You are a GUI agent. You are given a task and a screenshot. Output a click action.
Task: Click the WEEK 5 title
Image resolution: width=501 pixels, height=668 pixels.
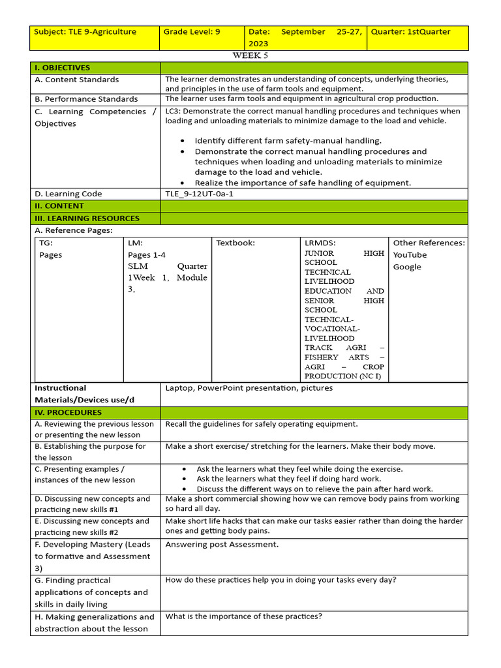coord(250,55)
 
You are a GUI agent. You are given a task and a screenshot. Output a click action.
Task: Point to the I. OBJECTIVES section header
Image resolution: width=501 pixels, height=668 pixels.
coord(63,68)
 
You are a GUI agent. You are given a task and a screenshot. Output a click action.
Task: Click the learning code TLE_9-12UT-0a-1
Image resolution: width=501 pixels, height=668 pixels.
coord(200,194)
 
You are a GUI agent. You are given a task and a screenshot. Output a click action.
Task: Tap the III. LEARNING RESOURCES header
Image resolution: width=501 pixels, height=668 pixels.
coord(87,219)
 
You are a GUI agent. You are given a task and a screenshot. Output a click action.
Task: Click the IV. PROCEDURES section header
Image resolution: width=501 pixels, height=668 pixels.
coord(68,412)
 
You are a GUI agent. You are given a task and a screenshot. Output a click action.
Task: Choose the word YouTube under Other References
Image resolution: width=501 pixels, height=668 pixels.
coord(410,255)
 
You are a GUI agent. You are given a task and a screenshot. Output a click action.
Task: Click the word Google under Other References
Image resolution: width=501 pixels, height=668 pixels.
coord(407,267)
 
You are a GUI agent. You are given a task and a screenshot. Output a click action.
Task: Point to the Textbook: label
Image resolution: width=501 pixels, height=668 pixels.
coord(235,243)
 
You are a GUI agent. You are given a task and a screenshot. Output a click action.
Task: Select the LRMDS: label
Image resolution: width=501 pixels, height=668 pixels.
coord(319,243)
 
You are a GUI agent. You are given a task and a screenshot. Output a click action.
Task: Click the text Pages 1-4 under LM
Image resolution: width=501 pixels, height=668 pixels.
coord(147,255)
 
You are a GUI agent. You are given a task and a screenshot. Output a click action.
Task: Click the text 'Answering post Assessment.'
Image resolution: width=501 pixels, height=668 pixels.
coord(222,545)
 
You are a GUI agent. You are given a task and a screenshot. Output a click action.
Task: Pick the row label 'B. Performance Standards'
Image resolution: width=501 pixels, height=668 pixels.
coord(86,99)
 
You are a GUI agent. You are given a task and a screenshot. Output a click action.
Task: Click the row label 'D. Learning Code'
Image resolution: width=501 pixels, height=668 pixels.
coord(68,194)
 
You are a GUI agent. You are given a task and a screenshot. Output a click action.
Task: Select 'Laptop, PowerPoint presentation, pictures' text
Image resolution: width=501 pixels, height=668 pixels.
coord(249,388)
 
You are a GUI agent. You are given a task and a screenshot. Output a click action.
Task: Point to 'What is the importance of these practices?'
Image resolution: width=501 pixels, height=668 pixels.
coord(243,616)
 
